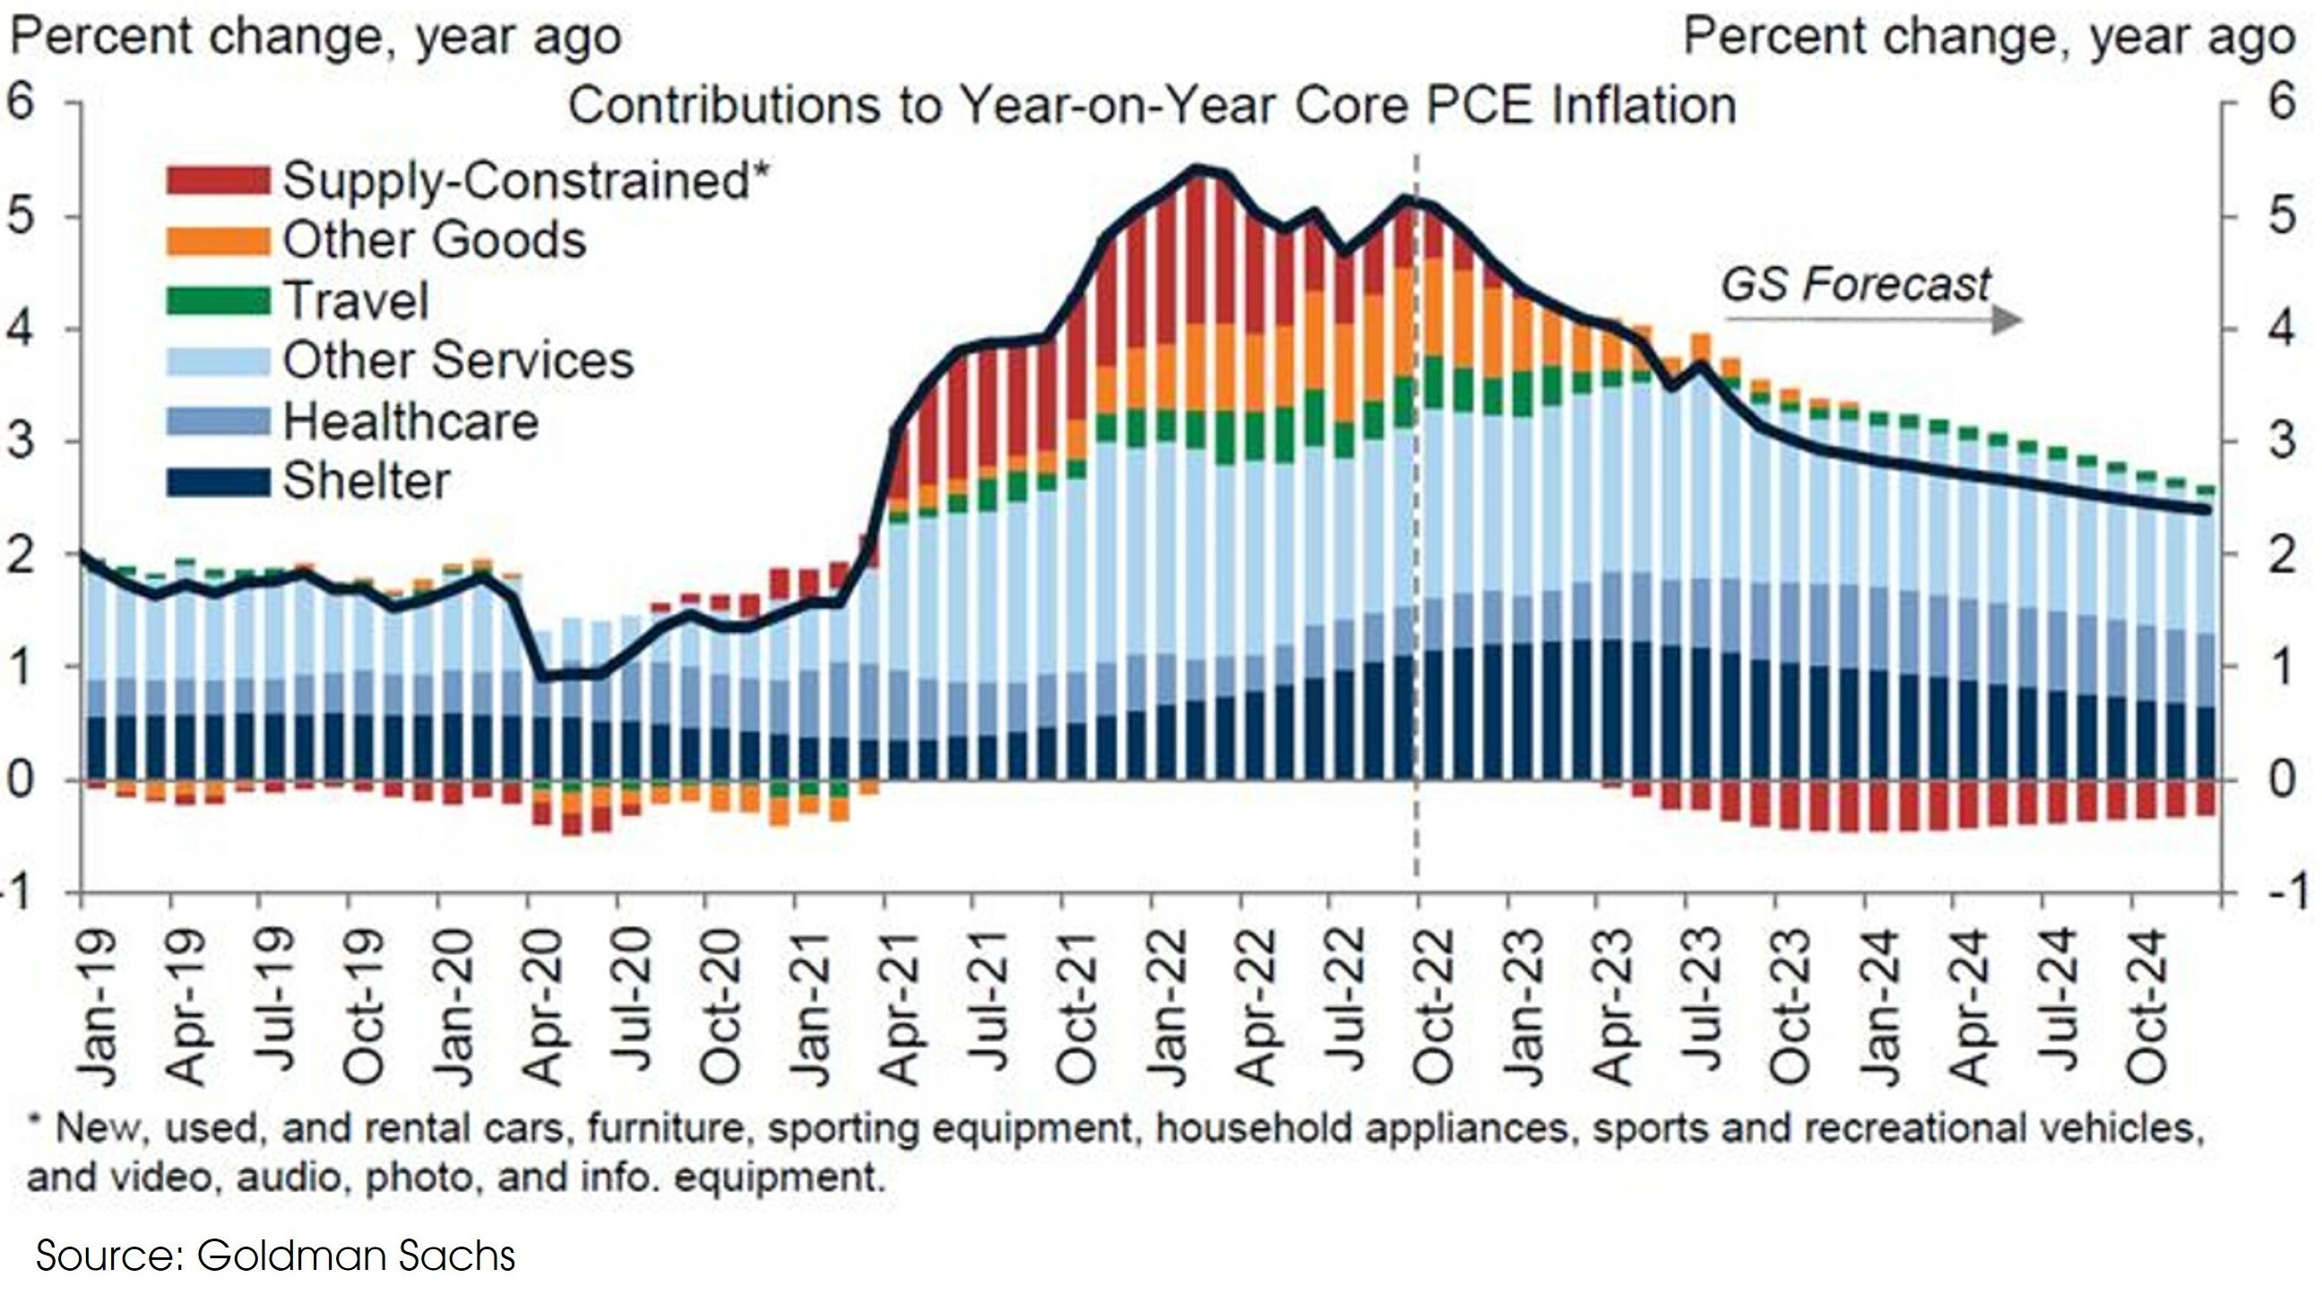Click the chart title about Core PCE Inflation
(1151, 106)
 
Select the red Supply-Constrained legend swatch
(218, 179)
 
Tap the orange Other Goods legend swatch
(218, 239)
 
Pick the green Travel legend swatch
(218, 300)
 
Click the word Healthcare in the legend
(411, 422)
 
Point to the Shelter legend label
(367, 482)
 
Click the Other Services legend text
(459, 361)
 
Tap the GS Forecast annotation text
(1855, 286)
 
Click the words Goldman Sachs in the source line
(356, 1256)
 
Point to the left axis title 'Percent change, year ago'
(315, 38)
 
